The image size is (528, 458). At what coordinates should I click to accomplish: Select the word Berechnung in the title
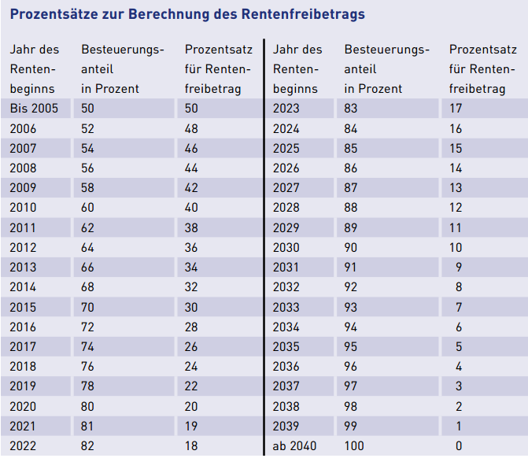[181, 14]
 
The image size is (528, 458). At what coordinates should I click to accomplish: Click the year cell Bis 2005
[34, 109]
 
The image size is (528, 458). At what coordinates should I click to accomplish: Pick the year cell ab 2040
[295, 446]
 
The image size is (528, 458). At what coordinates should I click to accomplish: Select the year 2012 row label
[23, 247]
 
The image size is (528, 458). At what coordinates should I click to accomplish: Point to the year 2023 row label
[286, 109]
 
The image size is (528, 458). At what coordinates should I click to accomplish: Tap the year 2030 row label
[286, 247]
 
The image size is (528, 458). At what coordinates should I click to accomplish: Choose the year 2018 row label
[23, 367]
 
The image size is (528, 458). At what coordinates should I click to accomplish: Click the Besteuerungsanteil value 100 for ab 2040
[354, 446]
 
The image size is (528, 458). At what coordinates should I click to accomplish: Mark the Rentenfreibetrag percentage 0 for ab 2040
[459, 446]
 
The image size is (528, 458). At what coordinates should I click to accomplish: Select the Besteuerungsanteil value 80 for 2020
[88, 406]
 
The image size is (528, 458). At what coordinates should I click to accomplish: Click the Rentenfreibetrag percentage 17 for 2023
[456, 109]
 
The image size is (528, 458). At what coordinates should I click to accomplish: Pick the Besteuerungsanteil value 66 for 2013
[88, 268]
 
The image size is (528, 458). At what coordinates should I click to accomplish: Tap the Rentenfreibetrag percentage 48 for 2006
[192, 128]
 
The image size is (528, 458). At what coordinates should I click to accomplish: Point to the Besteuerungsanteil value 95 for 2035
[351, 346]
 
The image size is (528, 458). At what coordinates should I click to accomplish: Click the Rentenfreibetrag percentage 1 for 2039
[459, 426]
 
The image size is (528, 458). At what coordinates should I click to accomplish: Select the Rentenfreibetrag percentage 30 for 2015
[192, 307]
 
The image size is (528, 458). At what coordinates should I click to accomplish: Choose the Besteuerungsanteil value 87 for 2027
[351, 188]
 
